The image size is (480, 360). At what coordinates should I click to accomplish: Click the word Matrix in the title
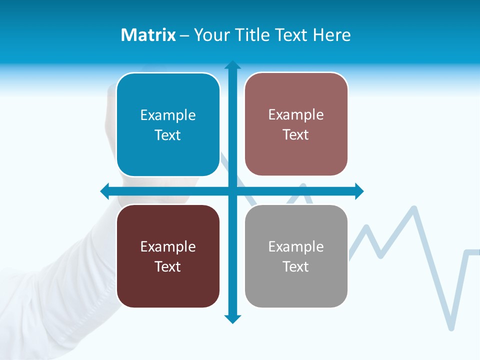(148, 35)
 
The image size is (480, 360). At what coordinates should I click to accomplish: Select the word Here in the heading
(332, 35)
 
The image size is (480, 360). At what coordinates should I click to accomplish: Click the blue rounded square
(168, 124)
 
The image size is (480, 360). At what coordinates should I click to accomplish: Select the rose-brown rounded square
(296, 124)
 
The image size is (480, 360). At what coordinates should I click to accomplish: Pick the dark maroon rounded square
(168, 256)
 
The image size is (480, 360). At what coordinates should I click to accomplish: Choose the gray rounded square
(296, 256)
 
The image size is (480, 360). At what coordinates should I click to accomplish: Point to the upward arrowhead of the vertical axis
(232, 64)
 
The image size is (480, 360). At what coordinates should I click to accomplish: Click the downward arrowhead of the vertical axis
(232, 319)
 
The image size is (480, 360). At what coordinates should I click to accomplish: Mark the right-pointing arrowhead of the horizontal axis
(359, 191)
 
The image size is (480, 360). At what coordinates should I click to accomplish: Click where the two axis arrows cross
(232, 191)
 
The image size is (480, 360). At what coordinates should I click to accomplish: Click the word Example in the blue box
(168, 115)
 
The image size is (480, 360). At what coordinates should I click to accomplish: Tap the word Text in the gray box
(296, 267)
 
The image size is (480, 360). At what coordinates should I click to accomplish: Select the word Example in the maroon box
(168, 246)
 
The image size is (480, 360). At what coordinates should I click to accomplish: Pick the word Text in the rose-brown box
(296, 135)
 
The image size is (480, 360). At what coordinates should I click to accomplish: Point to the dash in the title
(184, 35)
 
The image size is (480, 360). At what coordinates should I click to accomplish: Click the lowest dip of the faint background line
(451, 327)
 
